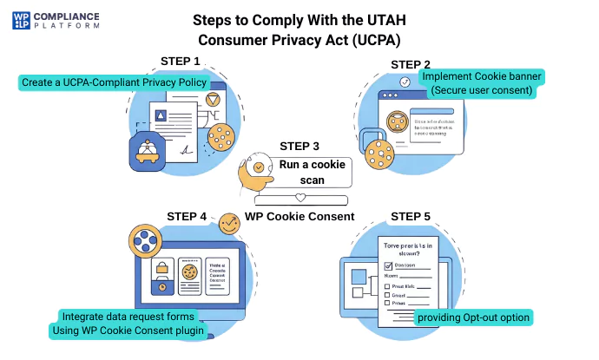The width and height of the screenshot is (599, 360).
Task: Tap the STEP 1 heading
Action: pos(181,61)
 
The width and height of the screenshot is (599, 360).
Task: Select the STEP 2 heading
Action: pos(411,64)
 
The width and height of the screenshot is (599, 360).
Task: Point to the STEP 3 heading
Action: pos(299,147)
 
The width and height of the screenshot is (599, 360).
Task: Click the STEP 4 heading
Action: pos(187,216)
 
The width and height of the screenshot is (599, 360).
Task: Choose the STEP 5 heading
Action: pos(411,216)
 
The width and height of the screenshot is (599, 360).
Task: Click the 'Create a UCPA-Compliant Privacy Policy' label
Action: pos(114,82)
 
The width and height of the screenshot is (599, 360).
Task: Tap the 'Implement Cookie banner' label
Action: pos(483,76)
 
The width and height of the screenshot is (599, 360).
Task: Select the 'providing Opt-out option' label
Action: pos(472,317)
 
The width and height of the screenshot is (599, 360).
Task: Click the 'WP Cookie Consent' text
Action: pos(299,217)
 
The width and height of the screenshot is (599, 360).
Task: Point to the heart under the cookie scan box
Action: pos(300,198)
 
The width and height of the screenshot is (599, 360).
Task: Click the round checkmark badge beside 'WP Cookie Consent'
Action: pos(230,223)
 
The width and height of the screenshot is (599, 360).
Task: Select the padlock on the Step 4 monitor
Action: pos(161,285)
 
